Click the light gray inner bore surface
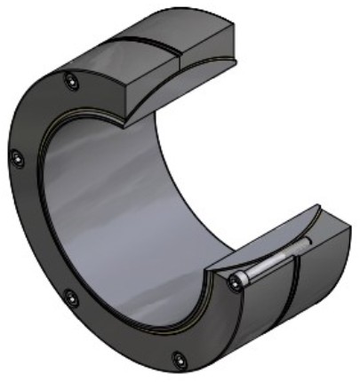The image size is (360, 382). pos(133,204)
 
